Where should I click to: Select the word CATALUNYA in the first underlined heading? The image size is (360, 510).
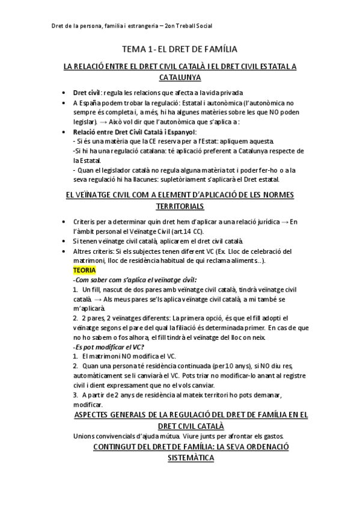(x=180, y=78)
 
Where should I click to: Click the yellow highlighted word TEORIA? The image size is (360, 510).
(x=84, y=271)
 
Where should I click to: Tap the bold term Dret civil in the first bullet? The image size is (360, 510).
(x=86, y=93)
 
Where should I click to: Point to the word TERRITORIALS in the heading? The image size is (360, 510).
(x=180, y=206)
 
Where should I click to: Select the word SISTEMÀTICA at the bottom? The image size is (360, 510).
(x=180, y=458)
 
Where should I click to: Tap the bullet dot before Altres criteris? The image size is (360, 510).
(x=64, y=251)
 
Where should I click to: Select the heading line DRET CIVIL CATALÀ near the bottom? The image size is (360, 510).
(x=180, y=425)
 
